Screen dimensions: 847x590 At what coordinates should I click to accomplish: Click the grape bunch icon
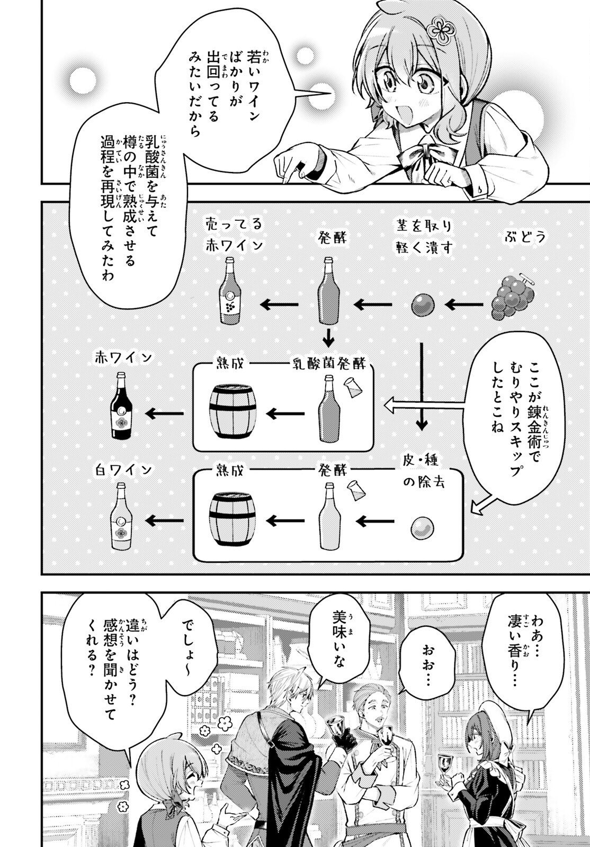click(513, 297)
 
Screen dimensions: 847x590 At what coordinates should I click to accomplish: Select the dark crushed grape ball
click(424, 304)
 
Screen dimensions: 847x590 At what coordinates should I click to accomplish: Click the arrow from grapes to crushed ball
click(465, 304)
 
